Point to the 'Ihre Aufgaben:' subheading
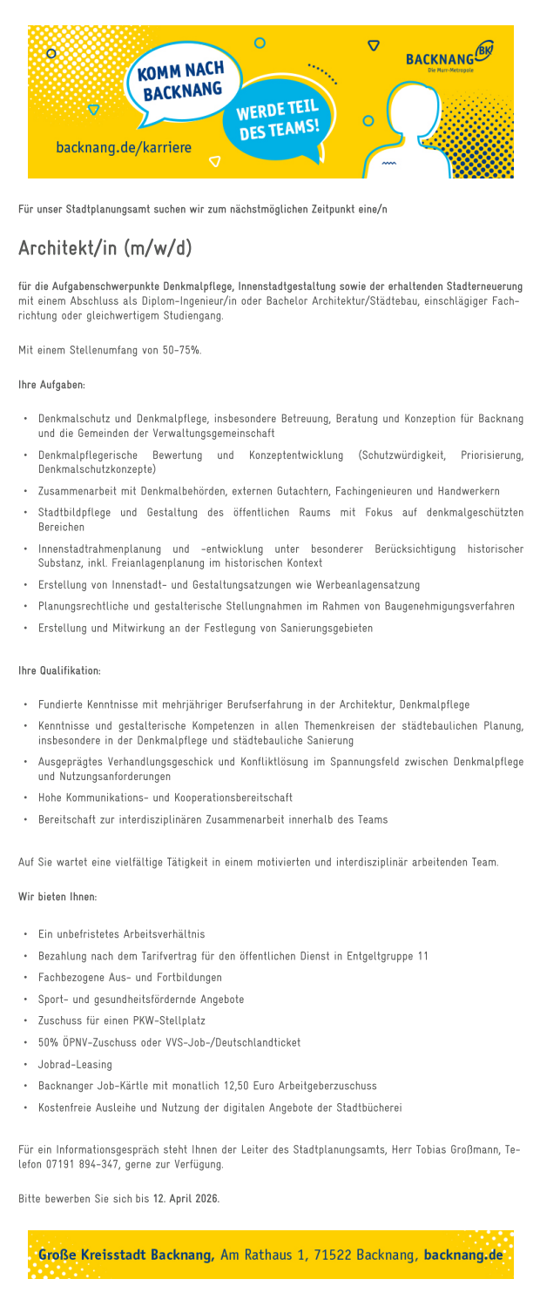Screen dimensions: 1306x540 tap(52, 384)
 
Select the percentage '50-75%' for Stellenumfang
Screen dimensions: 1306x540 tap(183, 351)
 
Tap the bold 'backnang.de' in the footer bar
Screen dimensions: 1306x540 tap(463, 1254)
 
